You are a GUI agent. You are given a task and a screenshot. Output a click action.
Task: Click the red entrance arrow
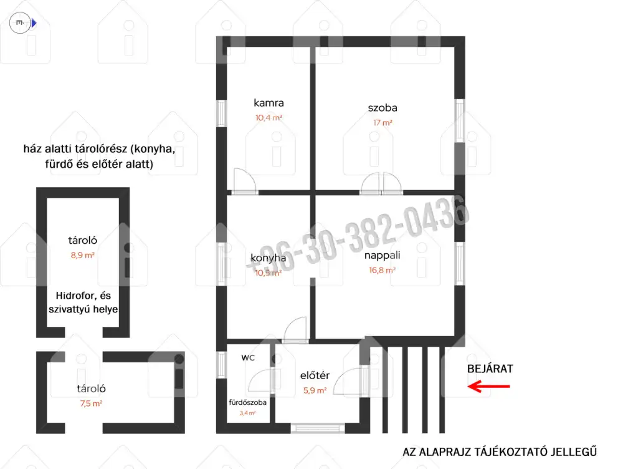(488, 386)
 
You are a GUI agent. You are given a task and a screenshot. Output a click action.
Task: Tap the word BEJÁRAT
(490, 369)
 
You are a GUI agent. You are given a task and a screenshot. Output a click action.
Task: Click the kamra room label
(269, 103)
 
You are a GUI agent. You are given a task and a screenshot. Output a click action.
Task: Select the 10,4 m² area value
(269, 118)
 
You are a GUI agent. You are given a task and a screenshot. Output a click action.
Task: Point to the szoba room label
(383, 108)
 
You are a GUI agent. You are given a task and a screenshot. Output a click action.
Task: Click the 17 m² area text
(383, 122)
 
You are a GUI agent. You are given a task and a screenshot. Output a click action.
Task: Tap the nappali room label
(383, 255)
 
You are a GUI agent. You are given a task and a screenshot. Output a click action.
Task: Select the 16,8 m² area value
(383, 271)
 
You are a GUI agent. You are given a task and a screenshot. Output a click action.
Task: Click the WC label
(248, 357)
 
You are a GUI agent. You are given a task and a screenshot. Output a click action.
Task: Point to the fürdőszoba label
(247, 402)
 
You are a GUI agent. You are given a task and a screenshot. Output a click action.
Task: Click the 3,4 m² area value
(247, 413)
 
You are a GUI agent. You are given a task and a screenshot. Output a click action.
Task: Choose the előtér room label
(315, 375)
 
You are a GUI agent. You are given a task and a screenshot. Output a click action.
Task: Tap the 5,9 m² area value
(315, 390)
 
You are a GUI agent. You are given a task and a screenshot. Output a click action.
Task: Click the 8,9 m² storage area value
(83, 255)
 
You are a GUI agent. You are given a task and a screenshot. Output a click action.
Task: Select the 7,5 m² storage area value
(91, 404)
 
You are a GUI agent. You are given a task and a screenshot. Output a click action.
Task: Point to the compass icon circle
(20, 22)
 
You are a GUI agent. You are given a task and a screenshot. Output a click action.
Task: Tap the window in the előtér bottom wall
(318, 428)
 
